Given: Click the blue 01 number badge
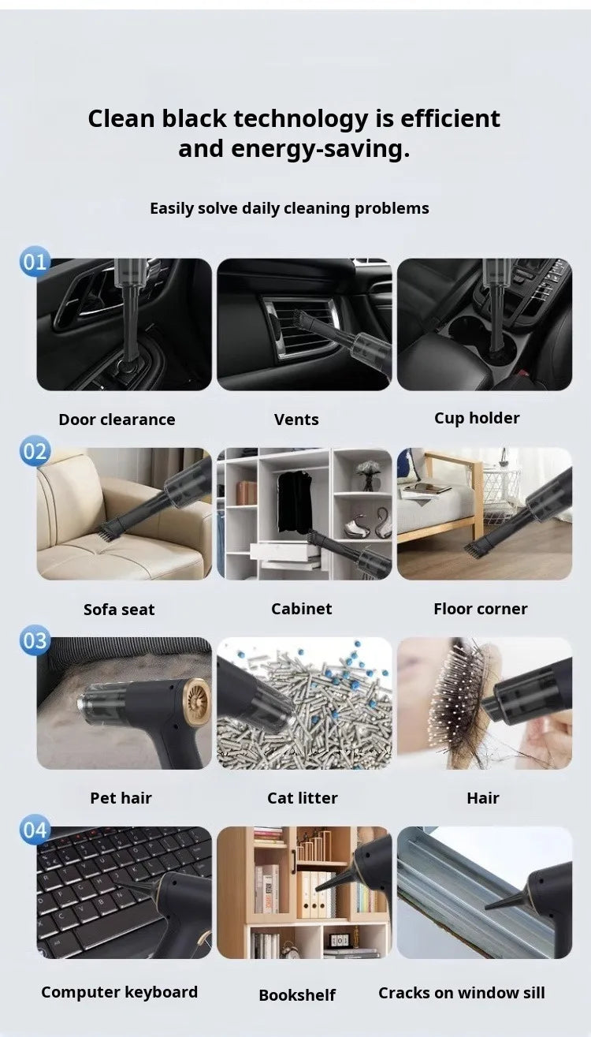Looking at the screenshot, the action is (x=35, y=262).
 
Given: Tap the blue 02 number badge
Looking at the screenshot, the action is (x=35, y=451).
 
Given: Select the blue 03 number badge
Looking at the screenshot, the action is (x=35, y=640).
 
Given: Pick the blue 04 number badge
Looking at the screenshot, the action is (x=35, y=830).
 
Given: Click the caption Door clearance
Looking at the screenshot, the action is (x=117, y=420).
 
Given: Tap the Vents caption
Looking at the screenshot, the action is (x=296, y=420).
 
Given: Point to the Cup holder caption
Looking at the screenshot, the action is (x=477, y=419).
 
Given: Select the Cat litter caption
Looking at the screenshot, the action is (x=303, y=797).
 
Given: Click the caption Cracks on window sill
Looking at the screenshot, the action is (x=462, y=992).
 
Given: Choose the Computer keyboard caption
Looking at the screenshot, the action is (x=119, y=992).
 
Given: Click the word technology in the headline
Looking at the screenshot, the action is (x=300, y=119).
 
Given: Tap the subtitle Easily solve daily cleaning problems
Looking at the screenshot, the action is (x=289, y=208).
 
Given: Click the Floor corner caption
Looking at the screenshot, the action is (x=481, y=609).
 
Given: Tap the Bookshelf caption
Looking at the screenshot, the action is (x=297, y=994).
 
